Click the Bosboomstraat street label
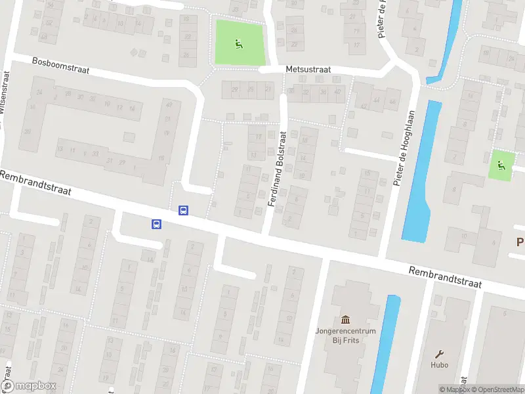pos(60,66)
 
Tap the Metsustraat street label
pos(308,69)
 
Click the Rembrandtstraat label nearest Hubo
pos(445,277)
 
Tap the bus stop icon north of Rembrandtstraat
pos(183,211)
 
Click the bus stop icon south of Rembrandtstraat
pos(157,225)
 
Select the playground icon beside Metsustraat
pos(238,44)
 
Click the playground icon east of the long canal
pos(502,165)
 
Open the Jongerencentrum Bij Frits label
pos(345,336)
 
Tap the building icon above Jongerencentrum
pos(345,319)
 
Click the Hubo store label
pos(440,365)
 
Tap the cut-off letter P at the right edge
pos(520,242)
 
